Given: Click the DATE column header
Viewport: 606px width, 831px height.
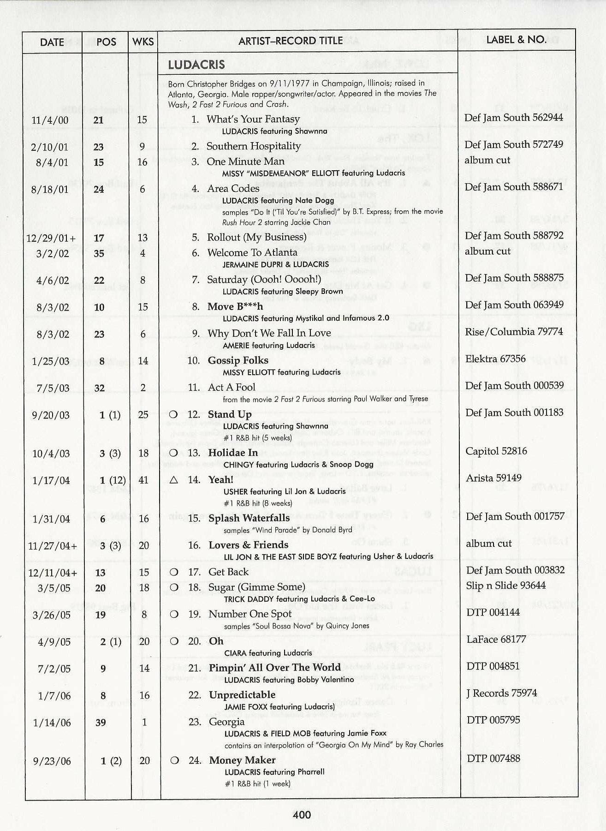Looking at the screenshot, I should (52, 42).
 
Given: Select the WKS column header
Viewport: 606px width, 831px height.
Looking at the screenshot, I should (143, 42).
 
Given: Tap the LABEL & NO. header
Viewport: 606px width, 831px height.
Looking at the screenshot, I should (516, 40).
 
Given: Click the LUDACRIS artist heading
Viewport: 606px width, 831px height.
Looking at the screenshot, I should (196, 65).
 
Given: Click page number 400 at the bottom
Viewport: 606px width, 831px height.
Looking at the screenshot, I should (302, 814).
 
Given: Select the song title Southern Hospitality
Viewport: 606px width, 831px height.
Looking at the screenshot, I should (253, 146).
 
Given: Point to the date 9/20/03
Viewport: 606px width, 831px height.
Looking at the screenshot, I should (51, 415).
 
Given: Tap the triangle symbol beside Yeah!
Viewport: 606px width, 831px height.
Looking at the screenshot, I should (173, 480).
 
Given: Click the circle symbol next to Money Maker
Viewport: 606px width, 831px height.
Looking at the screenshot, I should (174, 760).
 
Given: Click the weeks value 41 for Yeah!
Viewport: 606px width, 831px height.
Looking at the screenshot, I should (143, 480).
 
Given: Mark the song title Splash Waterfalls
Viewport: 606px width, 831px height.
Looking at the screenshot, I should (249, 518).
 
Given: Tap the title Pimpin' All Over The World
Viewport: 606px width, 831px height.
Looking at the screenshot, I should (274, 668).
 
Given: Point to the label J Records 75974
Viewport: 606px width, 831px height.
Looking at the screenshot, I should (501, 693).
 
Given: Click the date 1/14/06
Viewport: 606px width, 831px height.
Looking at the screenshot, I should (52, 723).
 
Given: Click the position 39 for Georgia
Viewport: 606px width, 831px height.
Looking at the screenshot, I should (101, 723).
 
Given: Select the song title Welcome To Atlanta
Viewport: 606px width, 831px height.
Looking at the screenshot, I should (252, 253).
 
